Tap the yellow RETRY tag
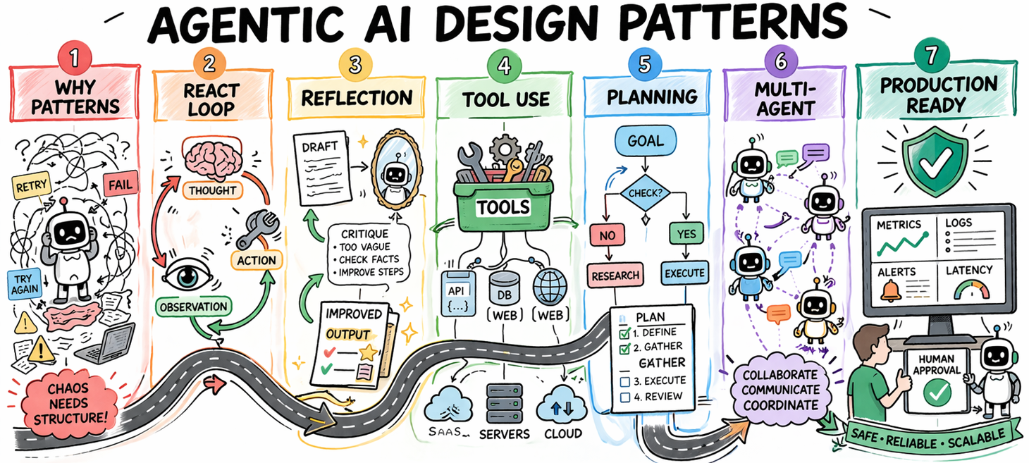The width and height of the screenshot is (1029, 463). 31,186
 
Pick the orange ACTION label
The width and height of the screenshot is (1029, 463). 257,259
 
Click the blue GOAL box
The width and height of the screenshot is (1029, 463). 646,140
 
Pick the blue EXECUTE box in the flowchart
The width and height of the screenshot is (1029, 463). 684,273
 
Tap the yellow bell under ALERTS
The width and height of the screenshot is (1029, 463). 889,289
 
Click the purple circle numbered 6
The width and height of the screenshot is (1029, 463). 780,61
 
